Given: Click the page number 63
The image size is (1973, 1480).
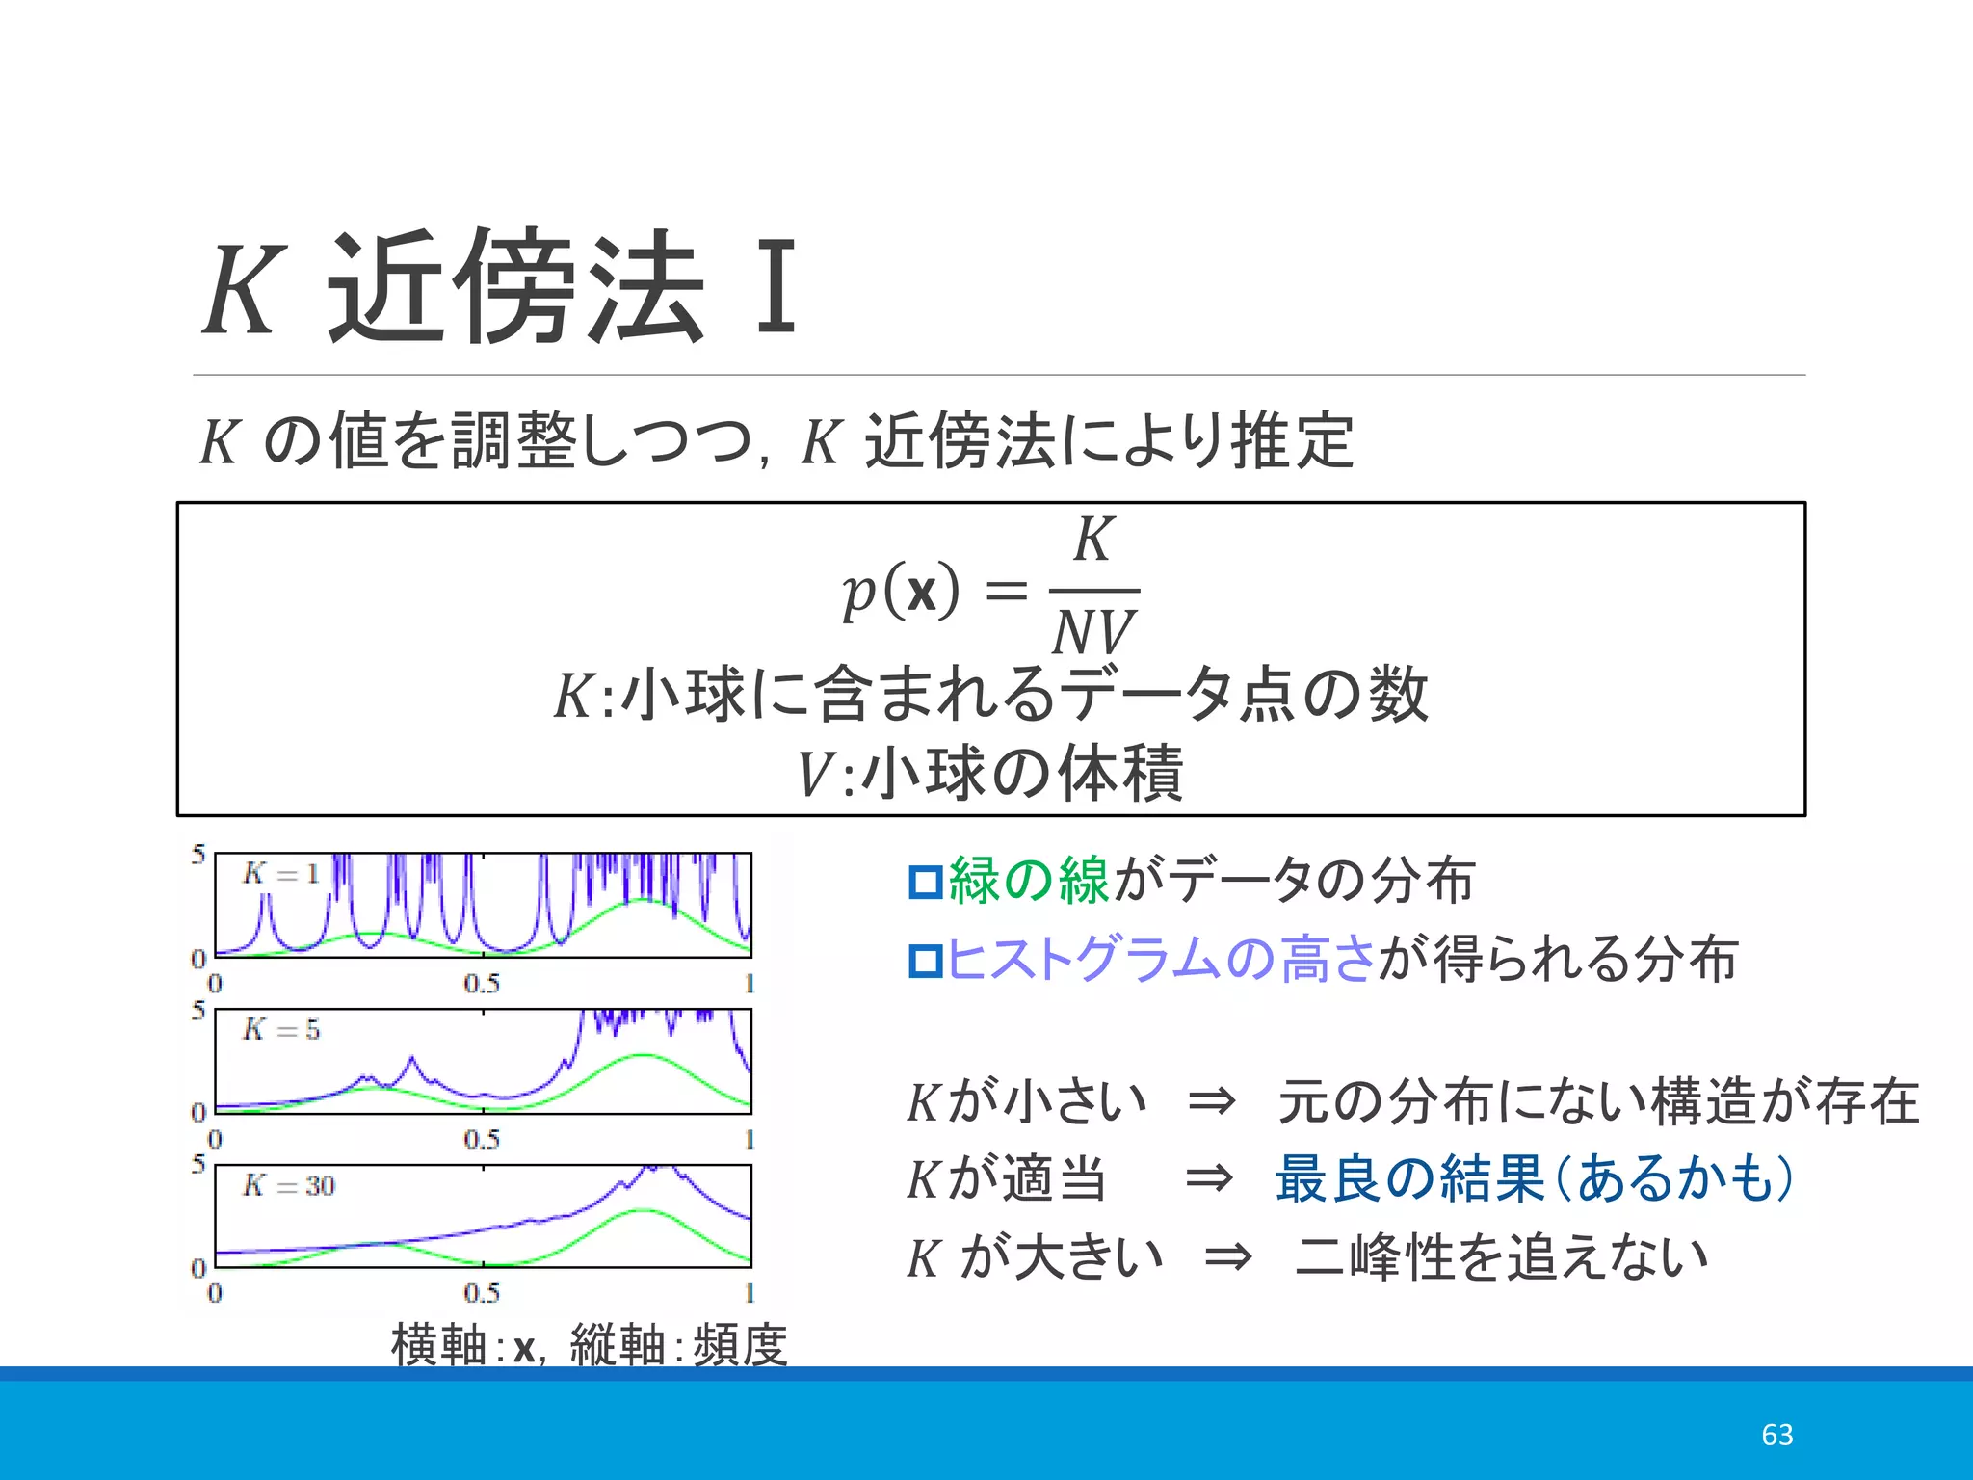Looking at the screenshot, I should pyautogui.click(x=1776, y=1435).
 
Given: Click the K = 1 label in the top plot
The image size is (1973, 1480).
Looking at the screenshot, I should pyautogui.click(x=280, y=873).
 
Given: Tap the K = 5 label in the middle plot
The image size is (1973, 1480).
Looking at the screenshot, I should pyautogui.click(x=280, y=1029).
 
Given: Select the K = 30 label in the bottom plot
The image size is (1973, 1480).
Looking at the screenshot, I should pyautogui.click(x=288, y=1185).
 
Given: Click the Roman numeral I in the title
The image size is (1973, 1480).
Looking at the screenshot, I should pyautogui.click(x=776, y=287).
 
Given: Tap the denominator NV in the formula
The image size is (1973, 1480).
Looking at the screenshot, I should pyautogui.click(x=1094, y=633).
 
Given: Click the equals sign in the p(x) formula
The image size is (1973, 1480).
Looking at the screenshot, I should pyautogui.click(x=1006, y=591).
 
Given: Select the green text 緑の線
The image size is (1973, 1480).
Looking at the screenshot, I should pyautogui.click(x=1029, y=881).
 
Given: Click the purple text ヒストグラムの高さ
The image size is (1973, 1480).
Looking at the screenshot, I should pyautogui.click(x=1161, y=960).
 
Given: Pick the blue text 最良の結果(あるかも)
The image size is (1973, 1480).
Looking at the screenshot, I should pyautogui.click(x=1534, y=1178).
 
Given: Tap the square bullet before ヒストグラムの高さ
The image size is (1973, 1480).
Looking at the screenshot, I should pyautogui.click(x=926, y=961).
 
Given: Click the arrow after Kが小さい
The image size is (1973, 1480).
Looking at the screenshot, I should pyautogui.click(x=1211, y=1101).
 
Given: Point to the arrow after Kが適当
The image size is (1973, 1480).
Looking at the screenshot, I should pyautogui.click(x=1209, y=1178).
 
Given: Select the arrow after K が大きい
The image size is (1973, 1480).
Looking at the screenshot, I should pyautogui.click(x=1228, y=1257).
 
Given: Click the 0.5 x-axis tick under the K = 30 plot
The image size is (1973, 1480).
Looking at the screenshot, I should pyautogui.click(x=482, y=1293).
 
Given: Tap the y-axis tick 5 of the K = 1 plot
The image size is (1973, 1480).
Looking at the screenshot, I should pyautogui.click(x=198, y=854).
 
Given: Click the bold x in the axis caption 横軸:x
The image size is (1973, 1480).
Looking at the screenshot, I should pyautogui.click(x=524, y=1347).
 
